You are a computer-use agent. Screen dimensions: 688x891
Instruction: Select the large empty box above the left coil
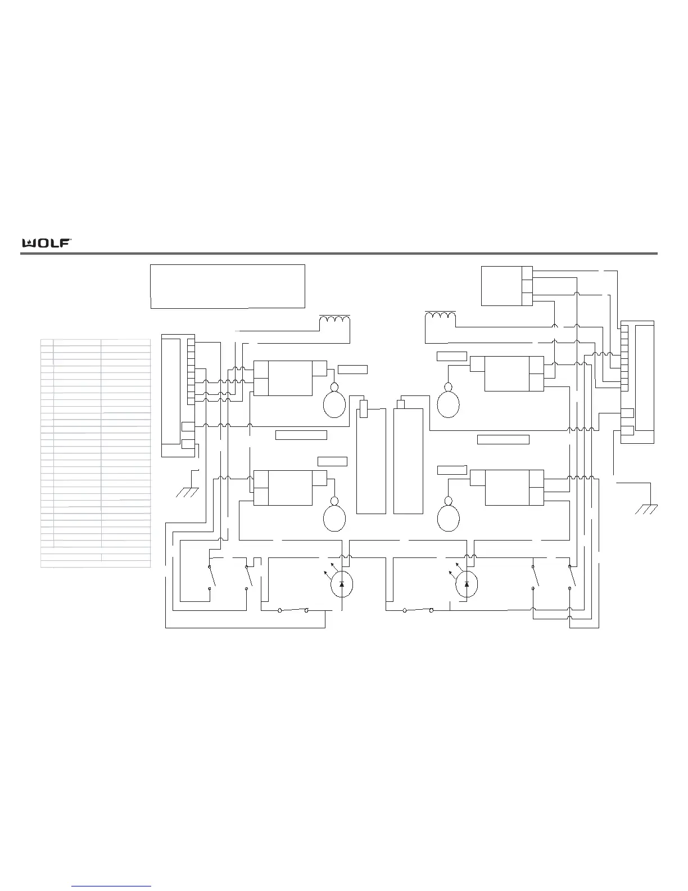point(228,286)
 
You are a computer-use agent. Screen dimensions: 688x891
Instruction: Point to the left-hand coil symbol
point(335,318)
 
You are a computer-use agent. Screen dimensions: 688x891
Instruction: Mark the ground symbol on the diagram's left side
point(188,492)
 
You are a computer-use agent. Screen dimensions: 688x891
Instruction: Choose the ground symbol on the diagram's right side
point(646,510)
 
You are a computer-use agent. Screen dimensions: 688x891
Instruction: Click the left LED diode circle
point(342,584)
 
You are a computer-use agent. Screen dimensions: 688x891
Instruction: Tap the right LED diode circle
point(467,584)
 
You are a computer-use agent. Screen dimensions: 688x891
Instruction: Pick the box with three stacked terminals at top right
point(507,286)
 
